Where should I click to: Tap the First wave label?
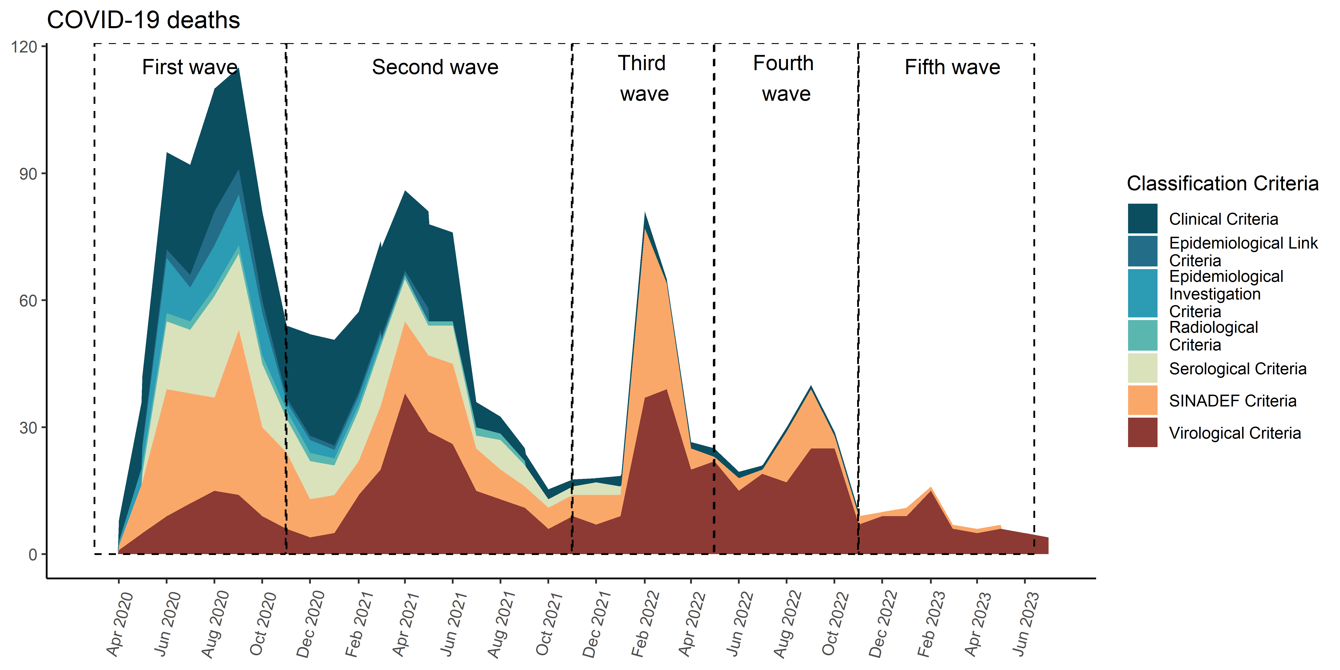[x=190, y=67]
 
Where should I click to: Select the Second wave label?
[x=435, y=67]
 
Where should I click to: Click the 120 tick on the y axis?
[x=24, y=47]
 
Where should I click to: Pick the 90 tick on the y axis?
[x=28, y=174]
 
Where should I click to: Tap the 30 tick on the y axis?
[x=28, y=428]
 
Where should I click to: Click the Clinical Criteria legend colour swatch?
[x=1142, y=218]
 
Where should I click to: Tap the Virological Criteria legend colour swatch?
[x=1142, y=432]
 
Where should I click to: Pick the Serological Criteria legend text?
[x=1237, y=369]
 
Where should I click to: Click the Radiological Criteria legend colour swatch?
[x=1142, y=335]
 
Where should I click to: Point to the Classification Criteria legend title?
[x=1223, y=184]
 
